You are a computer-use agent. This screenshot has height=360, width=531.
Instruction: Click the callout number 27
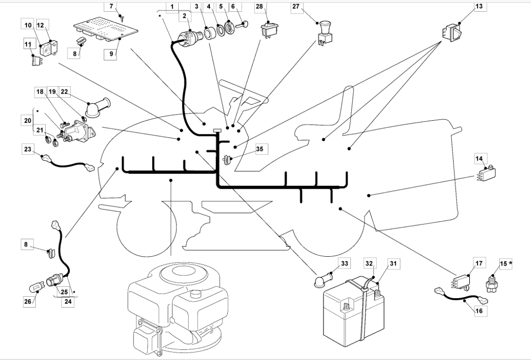(x=296, y=7)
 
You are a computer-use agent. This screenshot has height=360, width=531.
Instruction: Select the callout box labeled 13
(x=479, y=7)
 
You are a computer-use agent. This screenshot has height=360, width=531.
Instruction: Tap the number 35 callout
(x=259, y=149)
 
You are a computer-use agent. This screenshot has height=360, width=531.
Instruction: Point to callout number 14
(x=479, y=159)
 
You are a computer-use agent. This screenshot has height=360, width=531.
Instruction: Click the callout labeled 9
(x=111, y=54)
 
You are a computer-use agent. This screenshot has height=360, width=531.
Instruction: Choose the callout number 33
(x=344, y=263)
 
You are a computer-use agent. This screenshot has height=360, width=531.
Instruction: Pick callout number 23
(x=28, y=149)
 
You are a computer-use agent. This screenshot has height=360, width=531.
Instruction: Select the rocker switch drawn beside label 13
(x=451, y=32)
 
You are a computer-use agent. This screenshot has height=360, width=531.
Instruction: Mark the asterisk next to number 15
(x=510, y=263)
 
